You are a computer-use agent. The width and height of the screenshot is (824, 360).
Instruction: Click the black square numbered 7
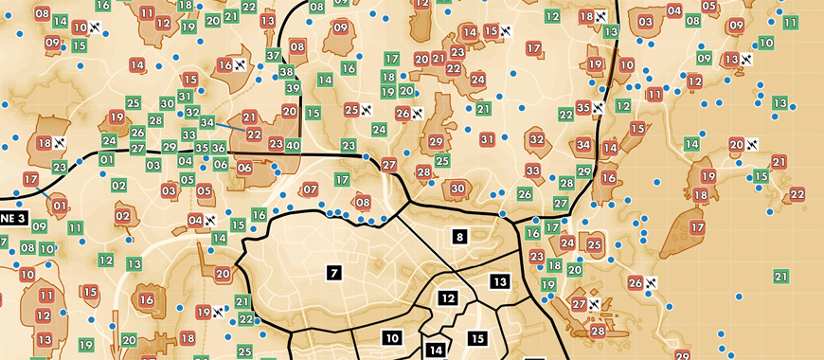click(x=332, y=273)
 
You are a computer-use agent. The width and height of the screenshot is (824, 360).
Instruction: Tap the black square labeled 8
click(x=459, y=236)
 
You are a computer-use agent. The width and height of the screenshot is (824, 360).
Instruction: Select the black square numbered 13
click(x=500, y=281)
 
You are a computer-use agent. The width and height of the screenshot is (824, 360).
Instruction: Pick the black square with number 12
click(x=448, y=297)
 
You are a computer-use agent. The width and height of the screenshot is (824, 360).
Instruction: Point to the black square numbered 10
click(x=392, y=336)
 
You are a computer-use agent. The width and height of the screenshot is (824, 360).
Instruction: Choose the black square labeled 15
click(x=477, y=338)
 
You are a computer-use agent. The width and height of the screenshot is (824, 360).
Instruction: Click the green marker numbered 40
click(x=293, y=146)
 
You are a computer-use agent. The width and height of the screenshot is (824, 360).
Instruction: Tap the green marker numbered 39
click(x=293, y=88)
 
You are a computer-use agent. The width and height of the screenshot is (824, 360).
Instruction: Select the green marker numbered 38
click(x=286, y=72)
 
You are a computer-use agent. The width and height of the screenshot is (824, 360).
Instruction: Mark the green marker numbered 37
click(x=273, y=56)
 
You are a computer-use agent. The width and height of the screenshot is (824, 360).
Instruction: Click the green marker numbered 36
click(x=218, y=148)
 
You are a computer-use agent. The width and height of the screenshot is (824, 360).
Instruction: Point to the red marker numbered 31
click(x=488, y=139)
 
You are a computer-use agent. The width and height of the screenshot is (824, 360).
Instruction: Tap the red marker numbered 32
click(x=537, y=139)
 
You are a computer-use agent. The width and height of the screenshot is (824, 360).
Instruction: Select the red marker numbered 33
click(x=533, y=171)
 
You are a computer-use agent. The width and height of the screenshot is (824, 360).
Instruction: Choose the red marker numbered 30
click(x=457, y=189)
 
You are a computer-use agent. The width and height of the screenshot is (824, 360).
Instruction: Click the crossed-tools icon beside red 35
click(x=599, y=108)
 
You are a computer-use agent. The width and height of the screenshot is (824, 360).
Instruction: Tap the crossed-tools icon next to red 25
click(x=366, y=111)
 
